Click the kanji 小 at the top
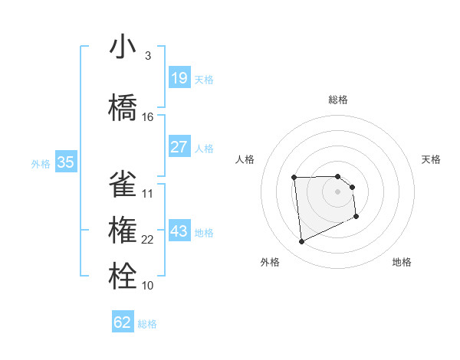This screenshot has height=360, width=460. point(123,47)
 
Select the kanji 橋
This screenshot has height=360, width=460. point(123,108)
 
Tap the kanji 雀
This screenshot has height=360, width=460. point(123,185)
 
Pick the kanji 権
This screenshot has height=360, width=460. point(123,231)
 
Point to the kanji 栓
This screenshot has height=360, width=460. point(123,277)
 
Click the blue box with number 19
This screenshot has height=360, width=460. point(179,78)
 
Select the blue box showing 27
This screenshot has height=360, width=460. point(179,147)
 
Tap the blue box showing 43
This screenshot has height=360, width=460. point(179,231)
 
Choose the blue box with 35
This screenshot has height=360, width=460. point(65,162)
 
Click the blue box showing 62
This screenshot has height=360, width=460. point(123,322)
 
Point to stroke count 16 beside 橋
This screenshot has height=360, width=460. point(148,117)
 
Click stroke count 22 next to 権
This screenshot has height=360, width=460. point(148,240)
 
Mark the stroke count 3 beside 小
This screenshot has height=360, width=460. point(148,56)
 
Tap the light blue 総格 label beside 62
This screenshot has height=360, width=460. point(147,324)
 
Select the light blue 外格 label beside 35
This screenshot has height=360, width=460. point(40,163)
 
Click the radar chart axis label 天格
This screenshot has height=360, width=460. point(431,159)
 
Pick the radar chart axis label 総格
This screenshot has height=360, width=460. point(337,100)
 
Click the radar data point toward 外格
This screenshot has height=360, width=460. point(301,242)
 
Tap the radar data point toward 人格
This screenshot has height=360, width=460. point(294,178)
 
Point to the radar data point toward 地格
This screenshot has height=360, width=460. point(356,218)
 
